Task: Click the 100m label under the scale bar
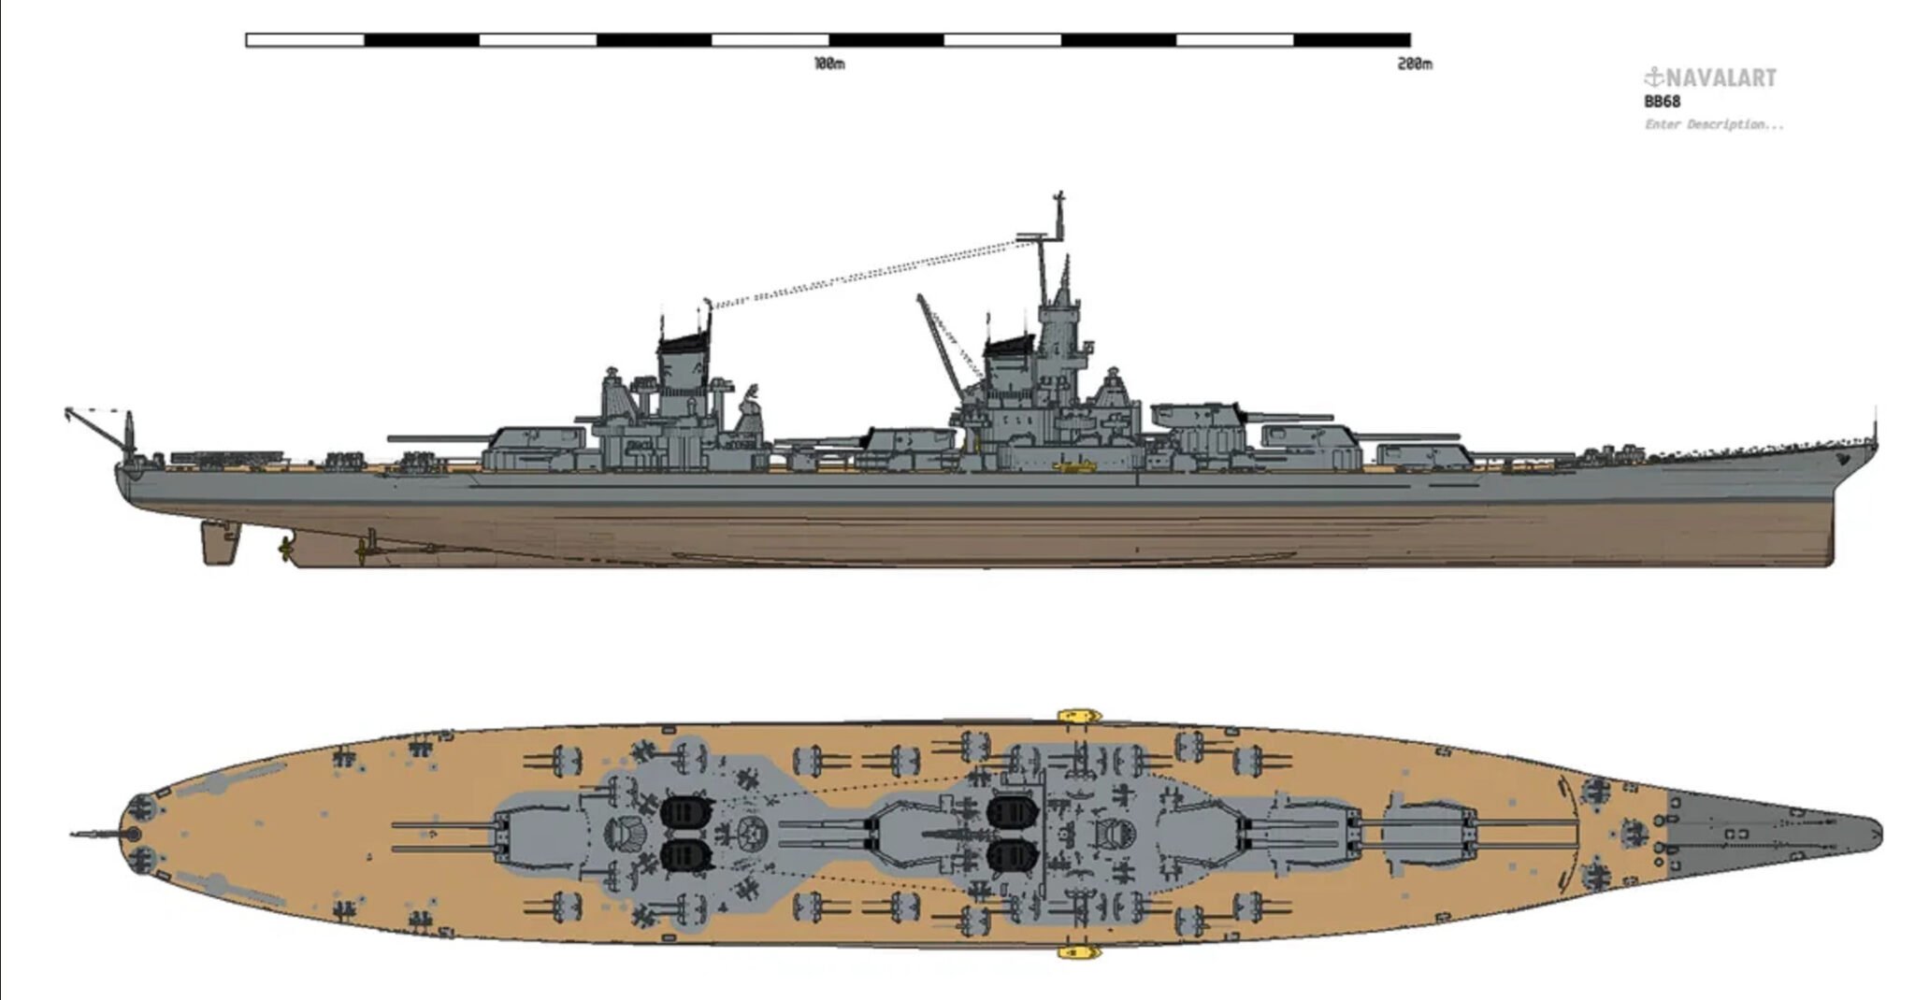pos(828,64)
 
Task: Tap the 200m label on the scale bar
pos(1414,64)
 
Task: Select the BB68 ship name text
pos(1663,102)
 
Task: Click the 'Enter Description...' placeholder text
pos(1714,124)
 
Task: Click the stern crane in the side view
pos(94,426)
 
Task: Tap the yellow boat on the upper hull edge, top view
pos(1078,716)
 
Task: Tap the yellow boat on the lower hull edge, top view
pos(1078,952)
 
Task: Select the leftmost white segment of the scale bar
pos(305,40)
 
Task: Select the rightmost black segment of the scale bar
pos(1352,40)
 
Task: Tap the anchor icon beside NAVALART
pos(1654,77)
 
